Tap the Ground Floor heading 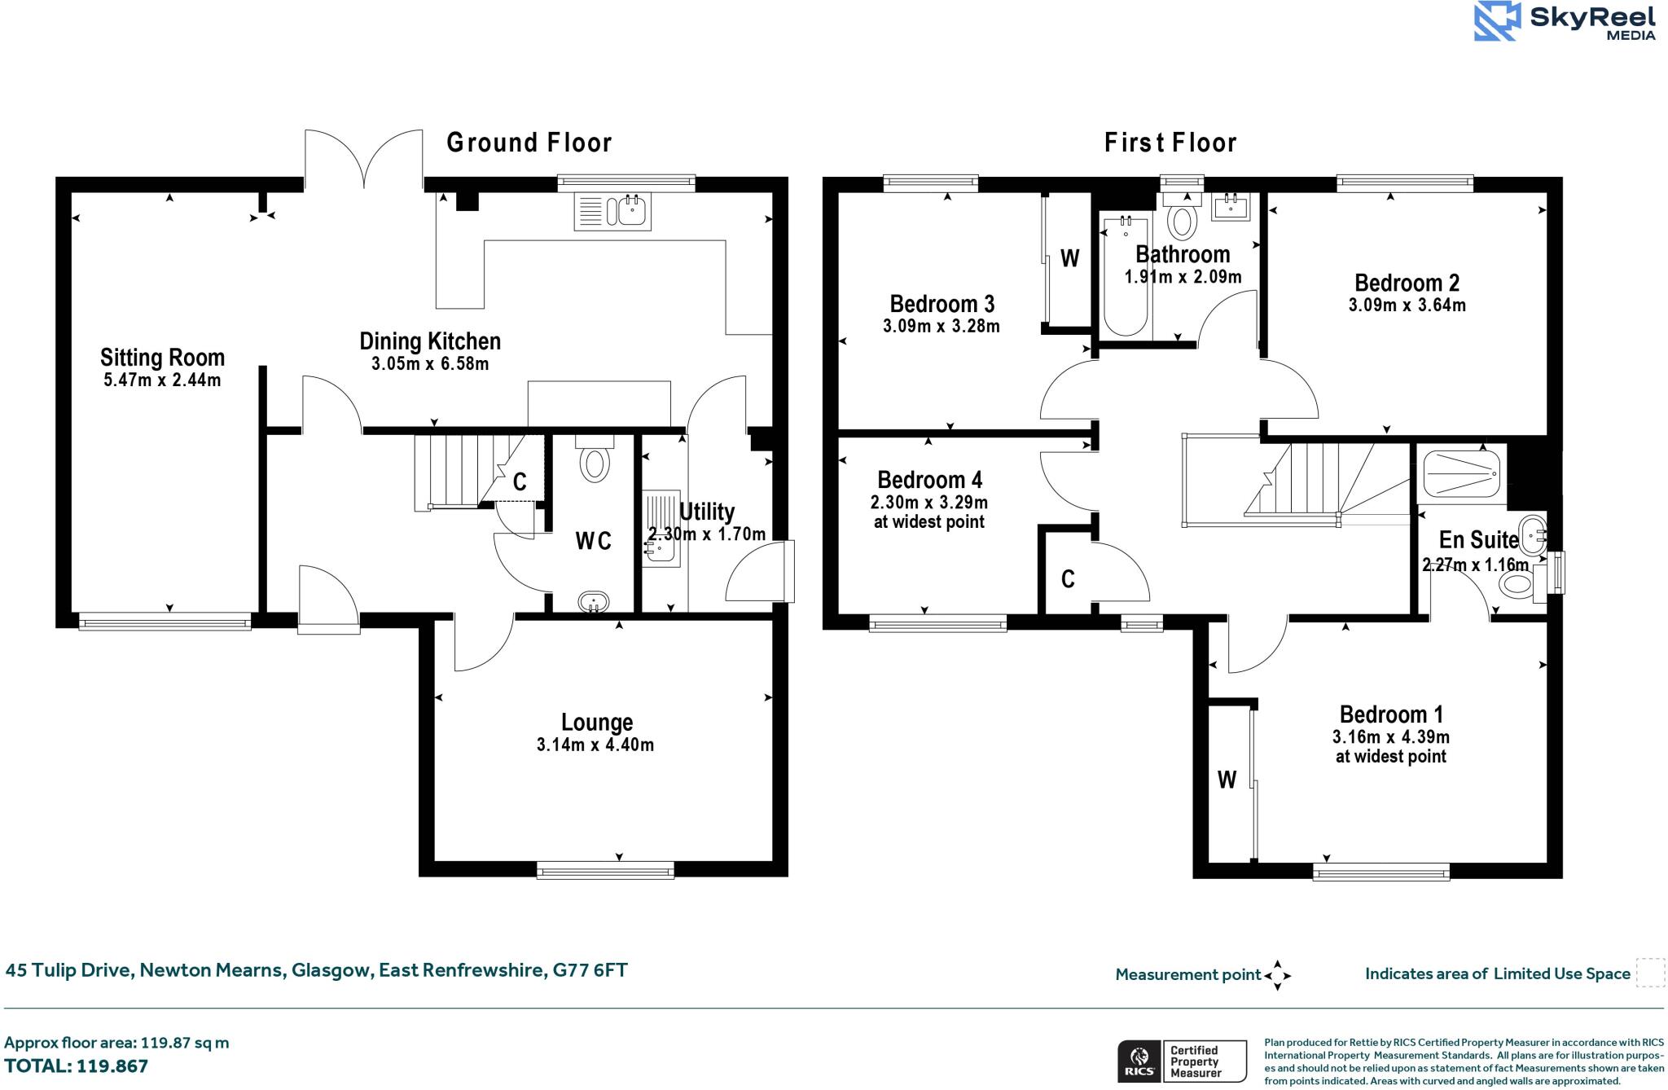(x=529, y=143)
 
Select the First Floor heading (x=1170, y=143)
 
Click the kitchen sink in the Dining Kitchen (x=612, y=211)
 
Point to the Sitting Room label (x=162, y=358)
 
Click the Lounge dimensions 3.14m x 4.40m (x=595, y=745)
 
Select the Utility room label (x=707, y=512)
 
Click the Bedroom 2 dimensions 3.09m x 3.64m (x=1407, y=305)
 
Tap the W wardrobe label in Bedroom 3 (x=1070, y=258)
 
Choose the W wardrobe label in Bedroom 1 (x=1227, y=780)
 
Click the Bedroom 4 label (x=929, y=479)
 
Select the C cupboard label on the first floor (x=1068, y=578)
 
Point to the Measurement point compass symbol (x=1277, y=975)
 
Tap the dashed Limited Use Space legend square (x=1650, y=974)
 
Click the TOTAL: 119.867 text (x=77, y=1066)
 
